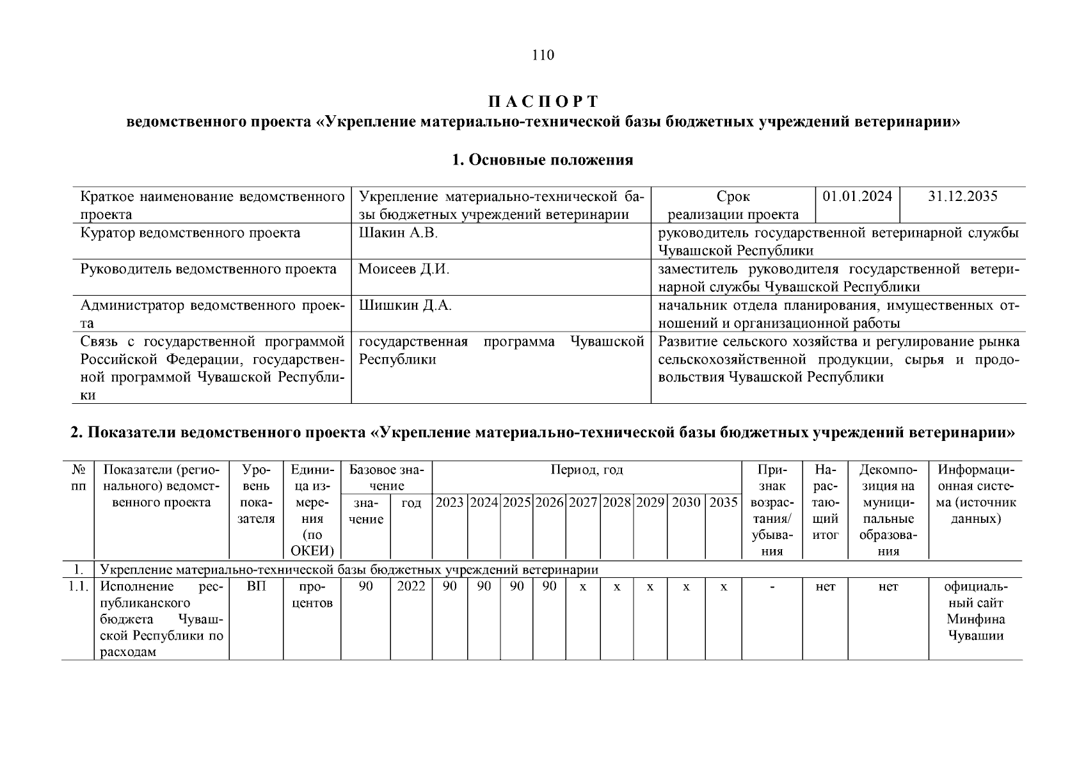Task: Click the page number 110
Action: coord(543,55)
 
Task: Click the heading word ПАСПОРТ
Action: coord(543,102)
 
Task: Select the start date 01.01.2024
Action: coord(857,196)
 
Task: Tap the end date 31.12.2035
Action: coord(962,196)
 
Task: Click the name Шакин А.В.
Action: coord(398,233)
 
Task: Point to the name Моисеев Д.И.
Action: coord(404,269)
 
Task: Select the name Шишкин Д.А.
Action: coord(405,306)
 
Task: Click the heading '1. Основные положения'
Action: coord(543,160)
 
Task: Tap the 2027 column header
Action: coord(583,503)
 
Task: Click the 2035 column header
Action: coord(723,503)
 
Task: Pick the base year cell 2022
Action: coord(411,587)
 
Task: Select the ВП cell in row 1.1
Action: coord(256,587)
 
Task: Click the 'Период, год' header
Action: coord(586,470)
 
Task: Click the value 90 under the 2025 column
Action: coord(516,587)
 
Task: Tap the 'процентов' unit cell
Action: coord(312,595)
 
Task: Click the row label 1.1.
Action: coord(78,587)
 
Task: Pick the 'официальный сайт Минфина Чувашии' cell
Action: coord(975,611)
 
